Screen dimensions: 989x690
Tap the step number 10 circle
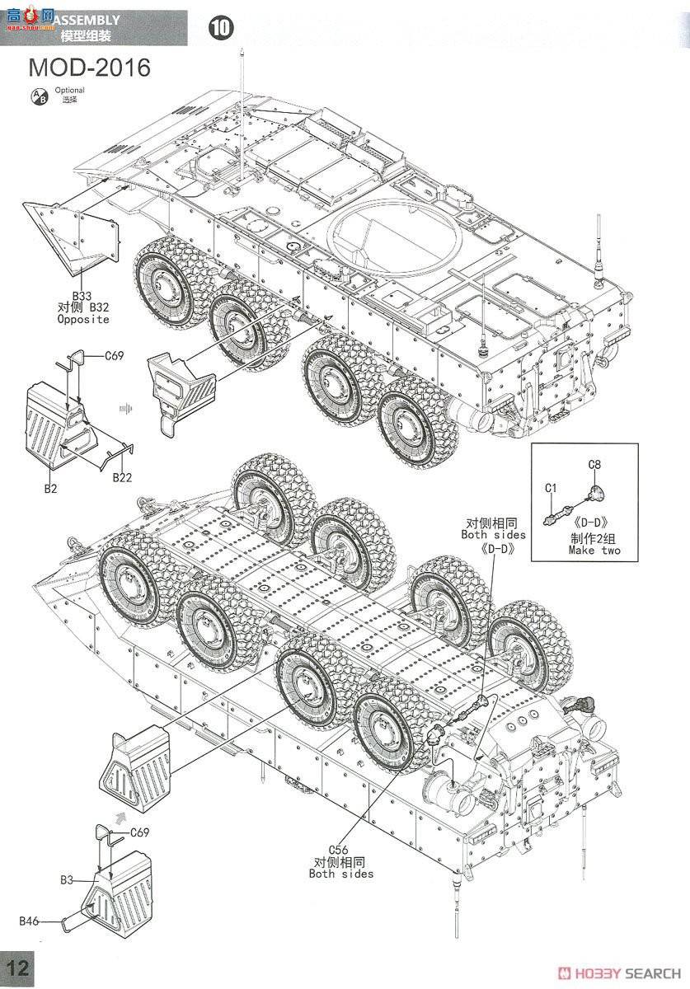tap(221, 28)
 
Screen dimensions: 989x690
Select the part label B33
tap(82, 295)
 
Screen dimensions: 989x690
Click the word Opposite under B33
tap(82, 319)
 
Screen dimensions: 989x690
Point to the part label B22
tap(122, 477)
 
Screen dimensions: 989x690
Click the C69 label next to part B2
tap(114, 356)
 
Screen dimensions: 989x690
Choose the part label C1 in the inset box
tap(552, 488)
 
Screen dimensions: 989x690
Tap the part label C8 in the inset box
tap(594, 465)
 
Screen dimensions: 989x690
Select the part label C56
tap(340, 850)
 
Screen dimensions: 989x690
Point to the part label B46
tap(31, 920)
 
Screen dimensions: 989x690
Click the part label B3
tap(67, 880)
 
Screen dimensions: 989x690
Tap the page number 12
tap(18, 969)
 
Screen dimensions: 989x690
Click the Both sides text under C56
tap(340, 874)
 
